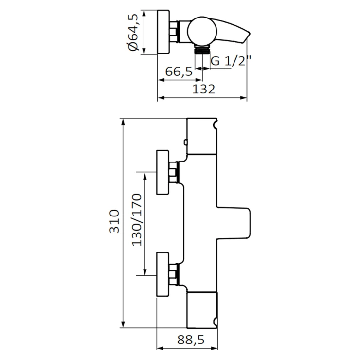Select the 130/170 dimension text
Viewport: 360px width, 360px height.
click(x=136, y=219)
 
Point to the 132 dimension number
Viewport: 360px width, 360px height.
click(x=203, y=89)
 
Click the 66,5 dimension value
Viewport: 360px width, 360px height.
click(x=178, y=72)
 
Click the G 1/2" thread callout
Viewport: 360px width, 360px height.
click(x=231, y=61)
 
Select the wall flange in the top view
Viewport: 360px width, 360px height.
click(x=163, y=32)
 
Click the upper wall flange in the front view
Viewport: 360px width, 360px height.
click(x=162, y=172)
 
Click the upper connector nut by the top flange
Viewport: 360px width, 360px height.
click(x=175, y=172)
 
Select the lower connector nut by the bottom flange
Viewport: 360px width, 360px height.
click(x=175, y=275)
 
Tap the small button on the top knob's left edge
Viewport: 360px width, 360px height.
click(x=186, y=143)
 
